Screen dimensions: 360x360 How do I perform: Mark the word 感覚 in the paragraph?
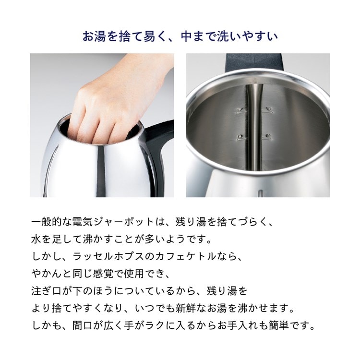click(108, 274)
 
